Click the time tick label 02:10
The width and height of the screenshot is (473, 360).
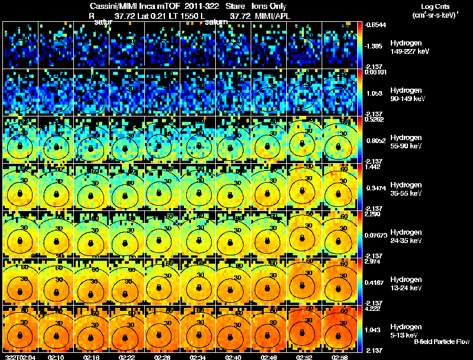(x=56, y=356)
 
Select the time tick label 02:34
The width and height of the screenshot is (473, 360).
(x=198, y=356)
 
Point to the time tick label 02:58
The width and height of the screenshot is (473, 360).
(x=340, y=356)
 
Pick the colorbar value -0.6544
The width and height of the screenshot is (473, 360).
(x=375, y=25)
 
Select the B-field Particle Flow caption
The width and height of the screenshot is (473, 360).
(x=442, y=342)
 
